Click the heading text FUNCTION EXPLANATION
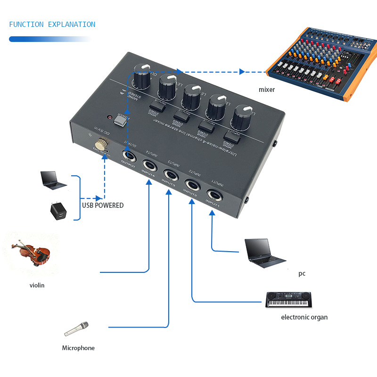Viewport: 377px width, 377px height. (x=52, y=25)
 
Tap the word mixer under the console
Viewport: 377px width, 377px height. (x=266, y=90)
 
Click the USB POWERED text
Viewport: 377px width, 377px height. (x=102, y=205)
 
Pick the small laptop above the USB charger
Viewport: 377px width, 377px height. (x=52, y=179)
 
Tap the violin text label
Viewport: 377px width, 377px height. (x=37, y=285)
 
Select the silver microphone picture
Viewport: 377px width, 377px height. (x=76, y=328)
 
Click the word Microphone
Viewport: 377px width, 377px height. (x=78, y=348)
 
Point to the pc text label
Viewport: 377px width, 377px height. (x=302, y=274)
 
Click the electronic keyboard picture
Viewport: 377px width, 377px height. (x=289, y=299)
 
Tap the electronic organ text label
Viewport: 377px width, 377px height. (x=304, y=317)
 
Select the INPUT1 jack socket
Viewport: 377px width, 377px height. (x=213, y=195)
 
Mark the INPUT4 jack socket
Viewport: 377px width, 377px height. (x=149, y=164)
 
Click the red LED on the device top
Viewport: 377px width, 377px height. (x=109, y=116)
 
